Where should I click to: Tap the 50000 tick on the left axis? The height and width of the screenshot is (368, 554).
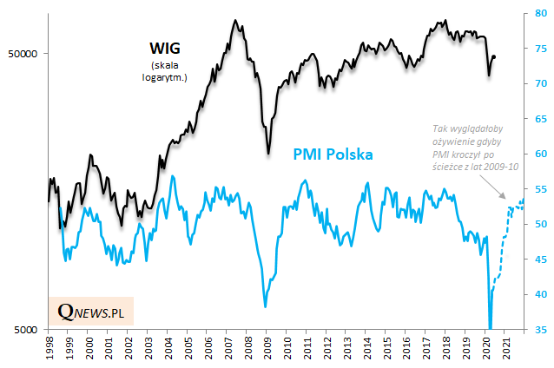click(x=28, y=53)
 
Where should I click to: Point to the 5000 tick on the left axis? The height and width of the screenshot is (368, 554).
click(x=30, y=330)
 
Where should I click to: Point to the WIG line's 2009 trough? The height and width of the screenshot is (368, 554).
click(x=268, y=153)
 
